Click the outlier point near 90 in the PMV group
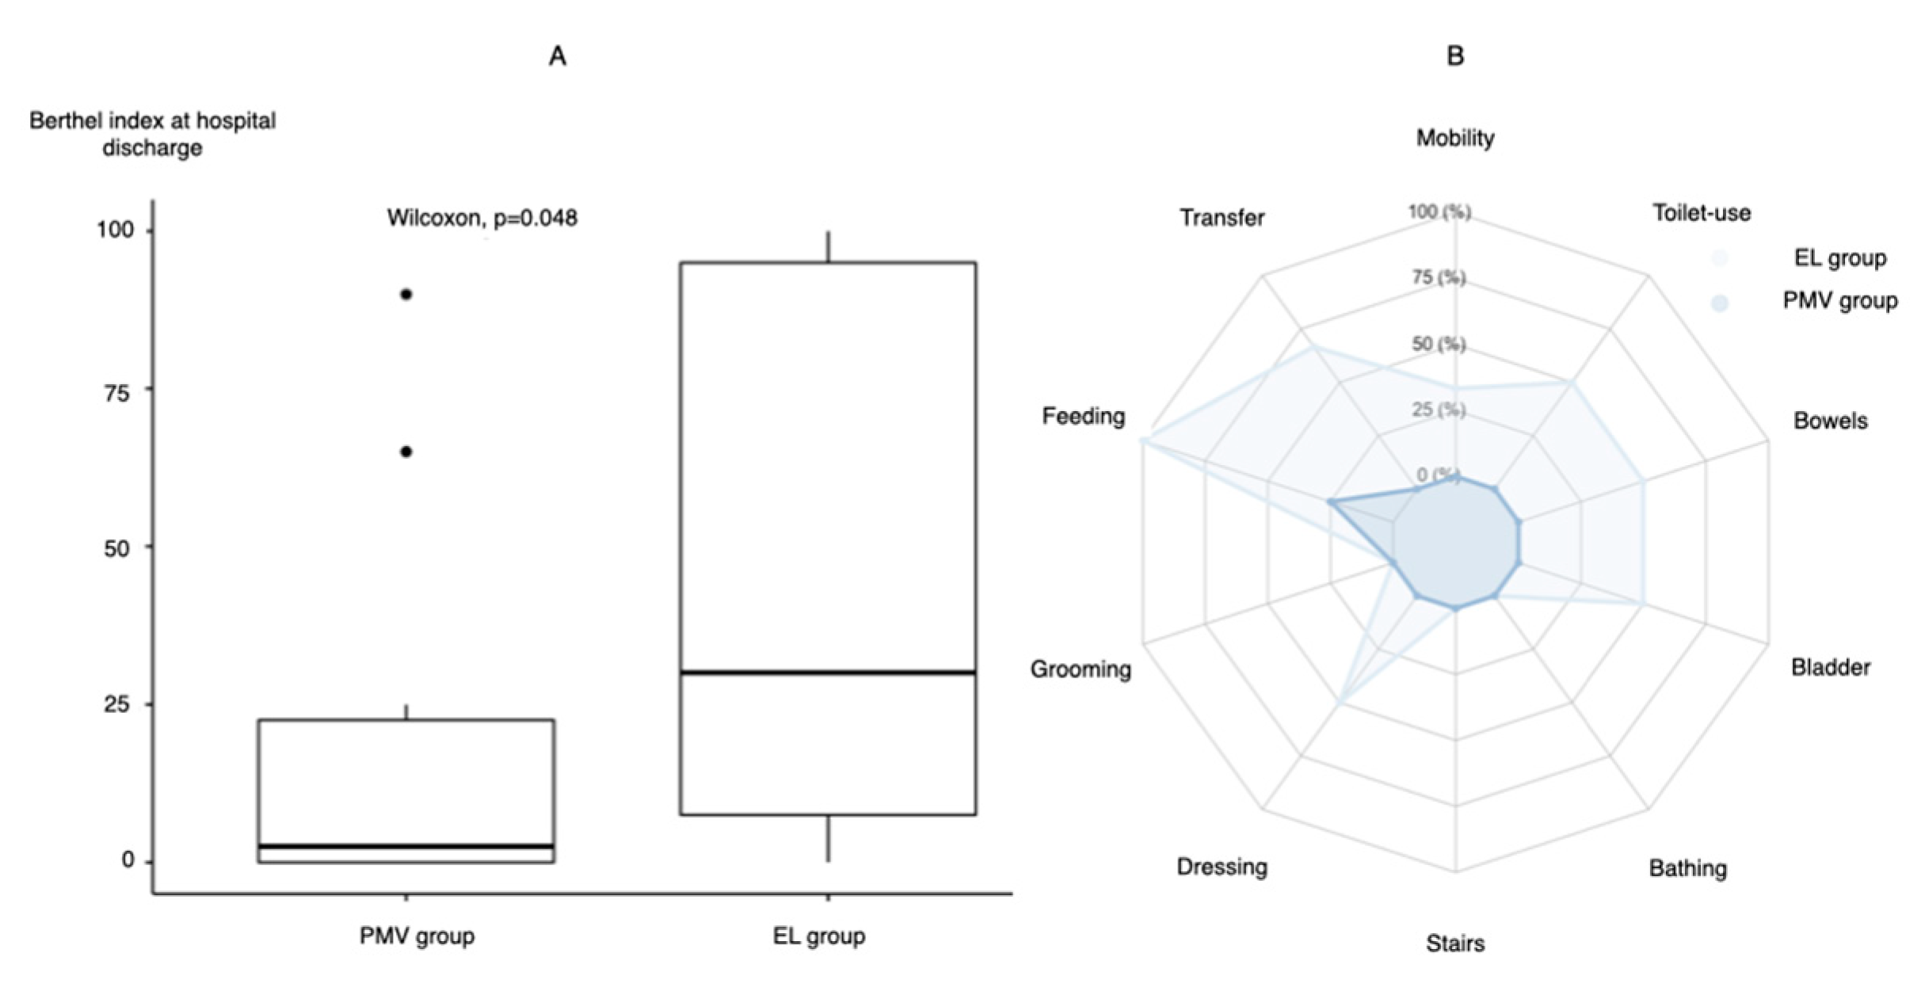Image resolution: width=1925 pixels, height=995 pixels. coord(406,295)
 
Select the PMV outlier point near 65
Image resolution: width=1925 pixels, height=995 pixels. coord(406,452)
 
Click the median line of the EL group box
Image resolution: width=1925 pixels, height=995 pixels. coord(828,673)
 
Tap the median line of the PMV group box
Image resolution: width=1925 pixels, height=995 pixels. coord(406,847)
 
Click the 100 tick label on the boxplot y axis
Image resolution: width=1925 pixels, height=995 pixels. coord(116,231)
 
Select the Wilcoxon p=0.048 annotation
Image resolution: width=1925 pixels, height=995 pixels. coord(482,218)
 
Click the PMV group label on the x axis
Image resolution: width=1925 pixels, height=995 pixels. coord(417,936)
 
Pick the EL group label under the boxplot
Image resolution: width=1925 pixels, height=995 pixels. coord(819,936)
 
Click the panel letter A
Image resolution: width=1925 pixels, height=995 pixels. coord(558,56)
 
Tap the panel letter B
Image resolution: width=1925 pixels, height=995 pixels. coord(1455,56)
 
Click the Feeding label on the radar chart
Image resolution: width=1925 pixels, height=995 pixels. coord(1083,416)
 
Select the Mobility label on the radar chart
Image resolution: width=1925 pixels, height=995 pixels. coord(1455,138)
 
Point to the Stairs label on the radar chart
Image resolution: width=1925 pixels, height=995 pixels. coord(1455,944)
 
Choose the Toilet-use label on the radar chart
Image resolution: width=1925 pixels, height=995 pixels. coord(1701,213)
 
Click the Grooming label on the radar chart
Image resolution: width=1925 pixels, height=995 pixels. coord(1081,669)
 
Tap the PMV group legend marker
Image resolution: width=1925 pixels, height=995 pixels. coord(1720,303)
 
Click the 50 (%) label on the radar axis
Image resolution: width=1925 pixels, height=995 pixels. coord(1439,344)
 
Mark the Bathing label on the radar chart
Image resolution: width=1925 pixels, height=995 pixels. coord(1687,868)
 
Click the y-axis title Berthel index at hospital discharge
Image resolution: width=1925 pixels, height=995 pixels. coord(152,134)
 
